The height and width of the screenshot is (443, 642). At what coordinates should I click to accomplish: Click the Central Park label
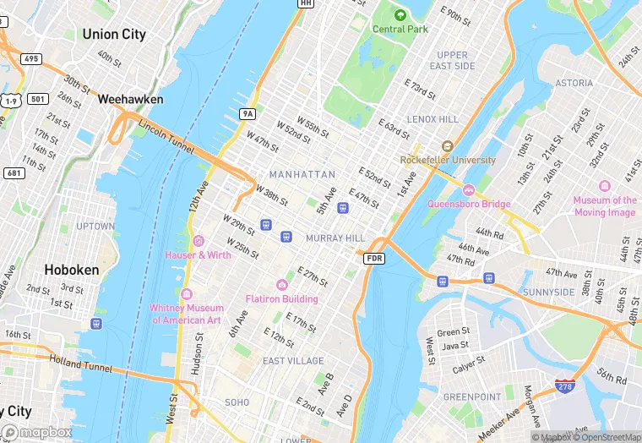point(400,29)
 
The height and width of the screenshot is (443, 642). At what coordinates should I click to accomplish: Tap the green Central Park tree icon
point(400,14)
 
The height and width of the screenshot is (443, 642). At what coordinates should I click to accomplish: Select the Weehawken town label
point(131,99)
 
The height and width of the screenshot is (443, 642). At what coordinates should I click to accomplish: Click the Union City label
point(114,35)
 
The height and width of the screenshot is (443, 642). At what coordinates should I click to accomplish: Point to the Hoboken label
point(72,270)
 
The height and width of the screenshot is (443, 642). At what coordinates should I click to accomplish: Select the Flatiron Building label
point(281,298)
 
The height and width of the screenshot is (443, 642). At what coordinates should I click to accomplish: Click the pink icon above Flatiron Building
point(281,285)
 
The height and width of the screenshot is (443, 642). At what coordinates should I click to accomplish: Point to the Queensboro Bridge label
point(469,204)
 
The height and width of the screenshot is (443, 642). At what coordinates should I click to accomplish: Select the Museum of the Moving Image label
point(605,206)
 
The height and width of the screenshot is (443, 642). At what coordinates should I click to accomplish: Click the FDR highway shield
point(375,258)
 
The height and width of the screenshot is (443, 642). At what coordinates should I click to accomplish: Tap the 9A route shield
point(247,112)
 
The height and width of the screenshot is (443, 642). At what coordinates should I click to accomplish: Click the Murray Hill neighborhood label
point(335,238)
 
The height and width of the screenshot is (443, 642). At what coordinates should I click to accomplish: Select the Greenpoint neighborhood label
point(472,397)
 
